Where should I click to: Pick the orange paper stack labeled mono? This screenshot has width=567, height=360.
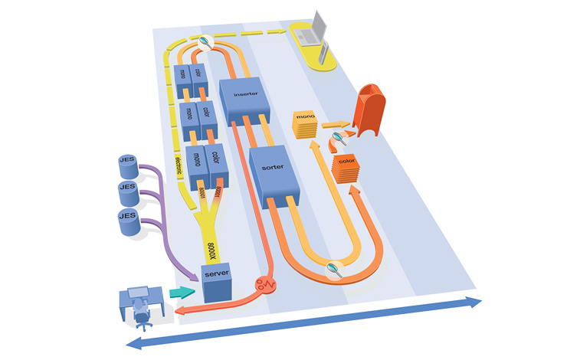click(306, 123)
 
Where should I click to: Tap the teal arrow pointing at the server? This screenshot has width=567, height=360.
click(181, 292)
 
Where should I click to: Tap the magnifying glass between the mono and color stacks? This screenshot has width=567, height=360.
click(337, 137)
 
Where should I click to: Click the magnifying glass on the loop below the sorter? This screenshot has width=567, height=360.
click(333, 267)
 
